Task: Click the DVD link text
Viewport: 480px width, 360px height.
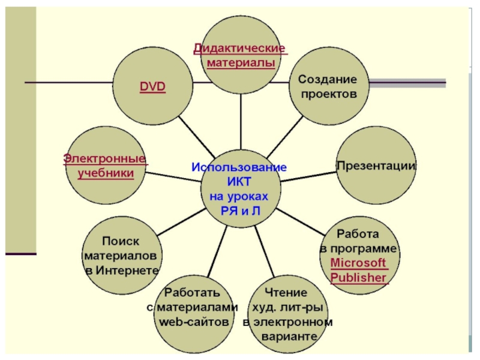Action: click(x=153, y=87)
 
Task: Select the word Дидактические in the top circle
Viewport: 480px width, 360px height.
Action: click(x=239, y=47)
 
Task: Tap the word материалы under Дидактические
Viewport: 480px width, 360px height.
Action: click(x=241, y=62)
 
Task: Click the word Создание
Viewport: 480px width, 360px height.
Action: click(x=327, y=79)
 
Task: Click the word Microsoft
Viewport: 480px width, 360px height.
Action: click(x=359, y=263)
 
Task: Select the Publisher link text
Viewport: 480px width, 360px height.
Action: click(x=359, y=278)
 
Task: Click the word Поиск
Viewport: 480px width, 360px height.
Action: click(x=121, y=241)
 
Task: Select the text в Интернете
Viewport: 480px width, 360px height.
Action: click(x=122, y=270)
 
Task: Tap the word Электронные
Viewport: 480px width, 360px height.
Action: click(x=105, y=159)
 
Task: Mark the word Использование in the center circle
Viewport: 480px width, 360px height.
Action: click(x=239, y=167)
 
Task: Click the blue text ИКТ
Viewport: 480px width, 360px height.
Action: click(x=239, y=182)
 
